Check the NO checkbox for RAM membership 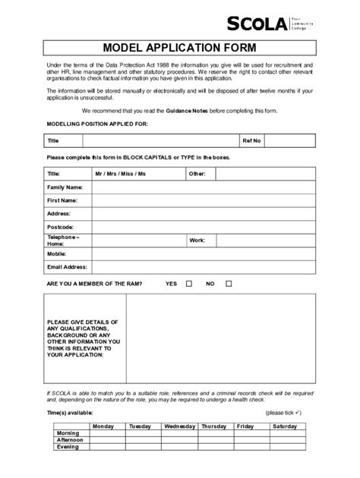(x=229, y=284)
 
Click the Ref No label (x=251, y=140)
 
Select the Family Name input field (x=201, y=187)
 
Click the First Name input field (x=201, y=200)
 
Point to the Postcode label (x=60, y=227)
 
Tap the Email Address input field (x=201, y=267)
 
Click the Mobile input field (x=201, y=253)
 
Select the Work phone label (x=197, y=240)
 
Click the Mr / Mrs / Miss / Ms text (x=120, y=174)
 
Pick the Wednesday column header (x=179, y=426)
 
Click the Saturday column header (x=285, y=426)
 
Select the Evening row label (x=68, y=447)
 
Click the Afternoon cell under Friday (x=245, y=440)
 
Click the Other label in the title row (x=197, y=174)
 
